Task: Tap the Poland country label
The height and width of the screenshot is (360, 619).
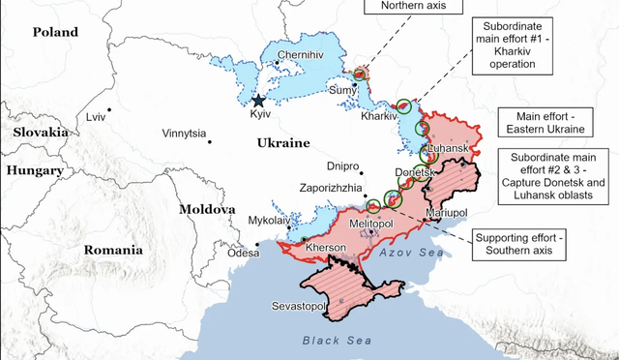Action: point(55,33)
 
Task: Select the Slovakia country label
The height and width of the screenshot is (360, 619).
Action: point(40,132)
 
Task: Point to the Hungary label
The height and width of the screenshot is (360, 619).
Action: point(35,169)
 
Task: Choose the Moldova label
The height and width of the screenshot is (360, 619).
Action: point(207,209)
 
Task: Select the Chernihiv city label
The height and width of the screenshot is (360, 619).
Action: point(299,55)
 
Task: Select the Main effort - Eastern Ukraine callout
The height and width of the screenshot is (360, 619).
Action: point(543,122)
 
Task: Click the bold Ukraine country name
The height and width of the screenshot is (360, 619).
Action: point(282,142)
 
